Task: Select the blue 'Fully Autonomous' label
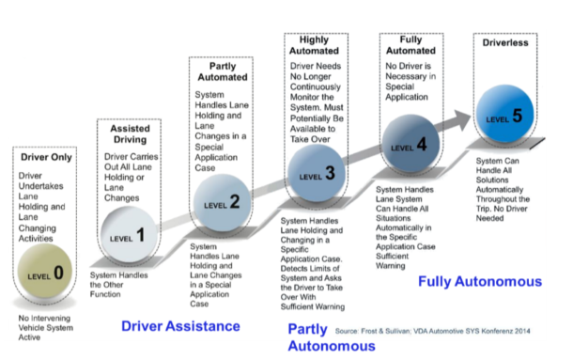(479, 281)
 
